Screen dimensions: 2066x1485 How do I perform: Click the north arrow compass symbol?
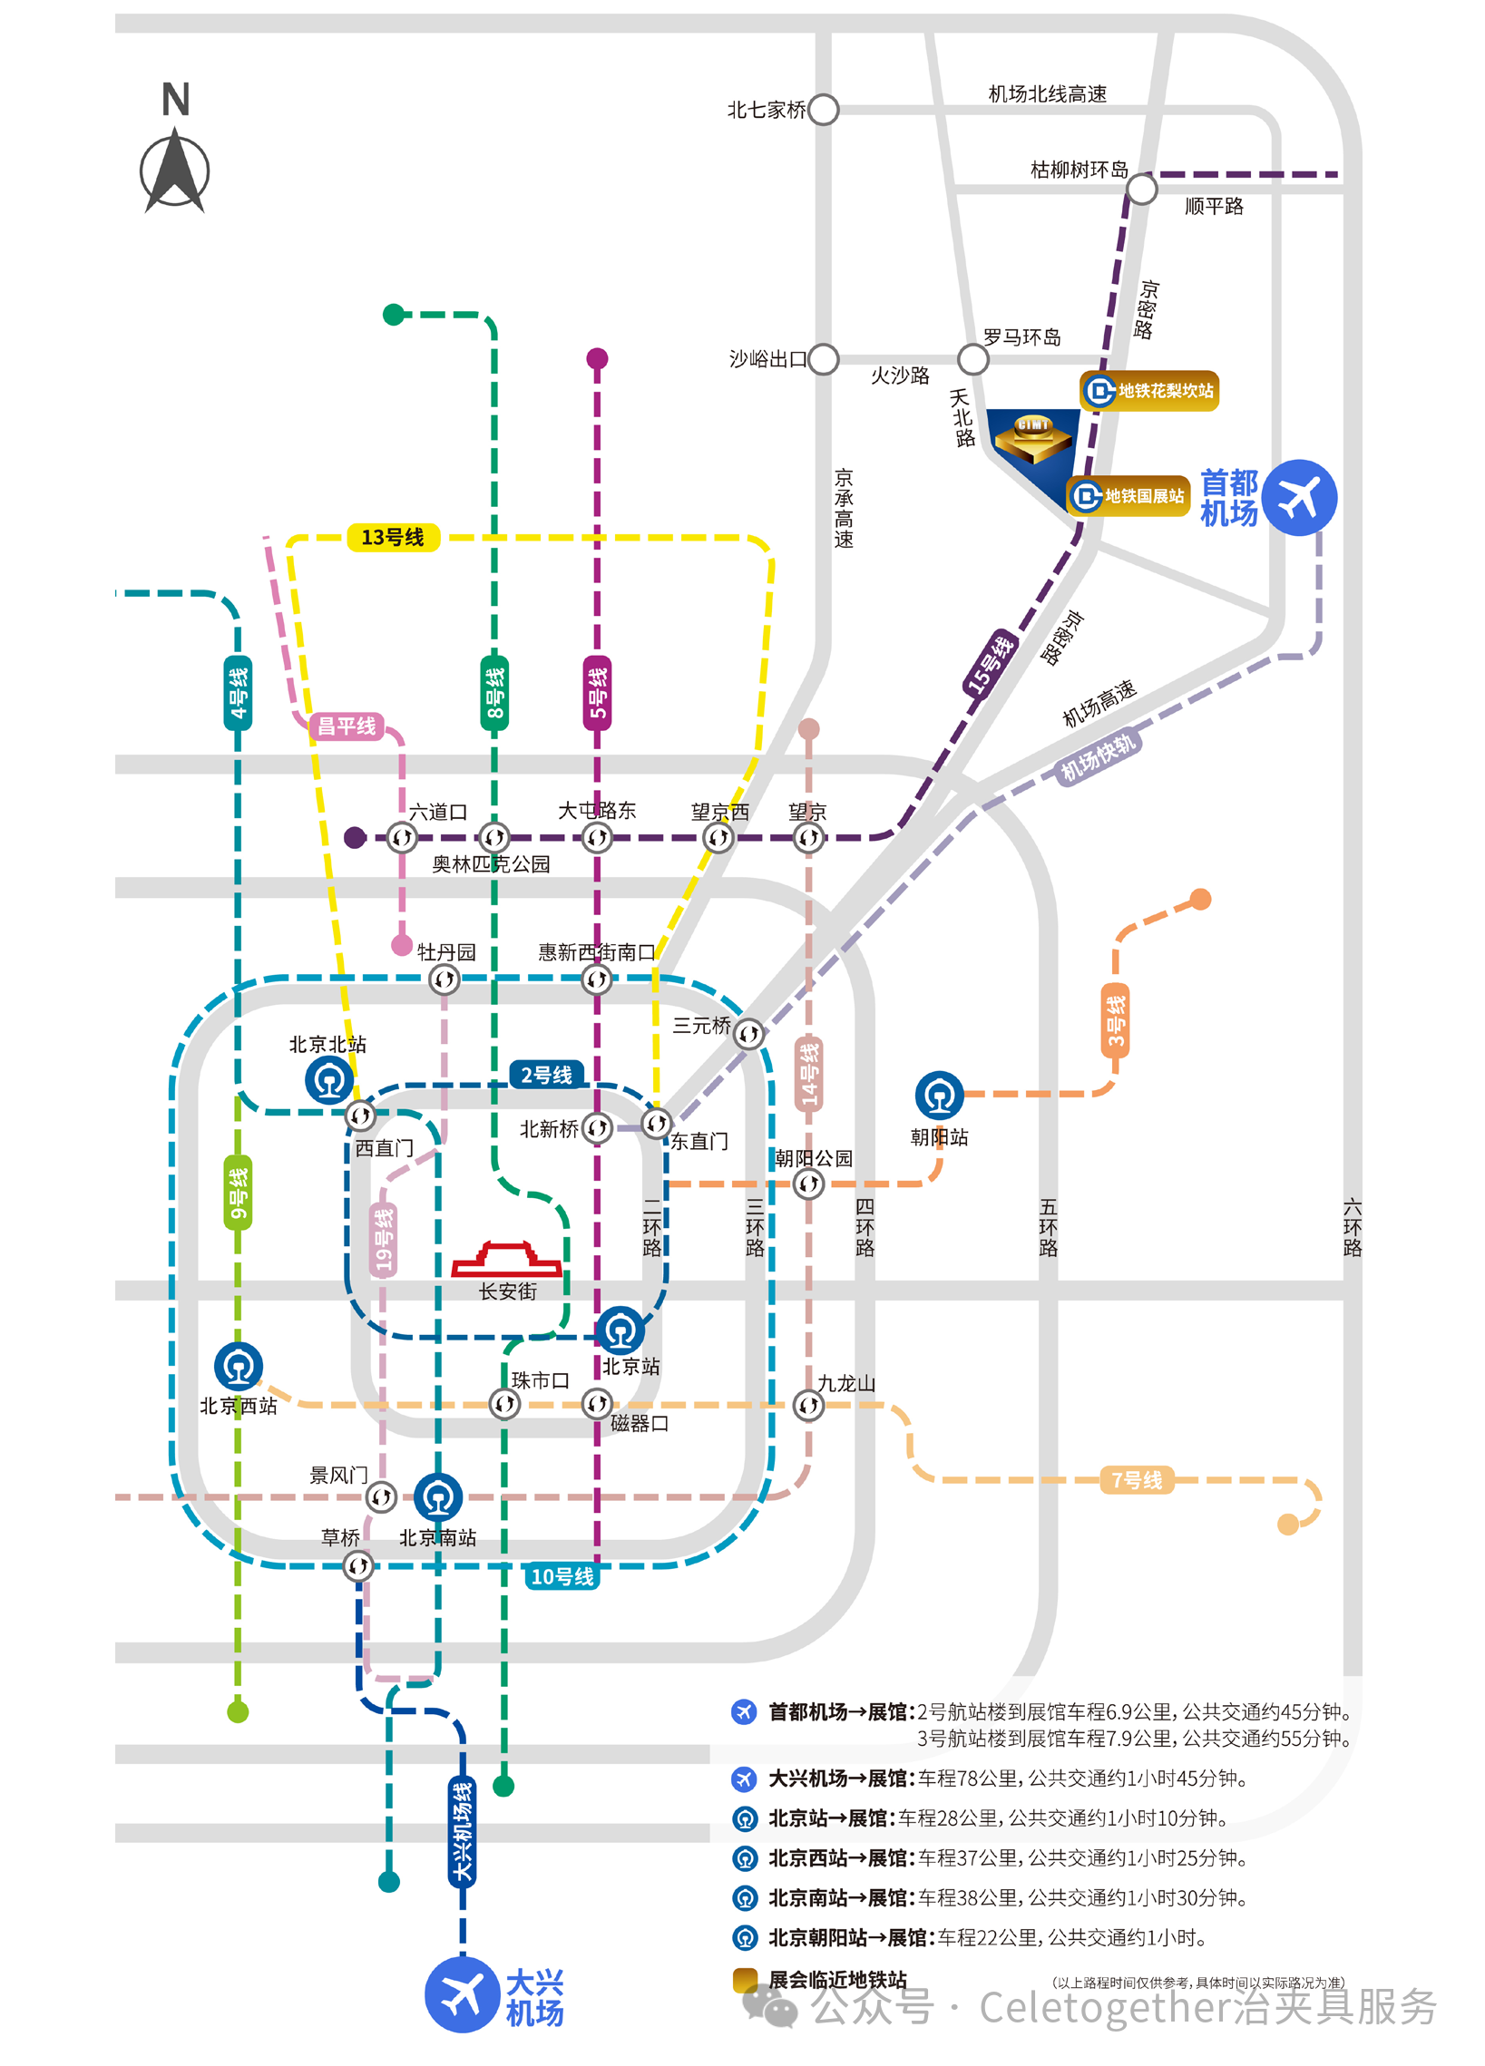pyautogui.click(x=175, y=171)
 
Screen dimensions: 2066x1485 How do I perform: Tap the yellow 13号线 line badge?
pyautogui.click(x=393, y=538)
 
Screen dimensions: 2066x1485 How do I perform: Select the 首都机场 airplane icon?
pyautogui.click(x=1298, y=497)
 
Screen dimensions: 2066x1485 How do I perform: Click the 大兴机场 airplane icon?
pyautogui.click(x=462, y=1994)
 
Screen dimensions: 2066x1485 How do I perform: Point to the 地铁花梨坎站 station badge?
pyautogui.click(x=1148, y=391)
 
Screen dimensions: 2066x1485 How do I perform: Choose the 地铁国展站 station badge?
pyautogui.click(x=1128, y=495)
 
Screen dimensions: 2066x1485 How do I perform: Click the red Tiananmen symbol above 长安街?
pyautogui.click(x=506, y=1258)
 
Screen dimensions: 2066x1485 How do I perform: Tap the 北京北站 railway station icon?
pyautogui.click(x=329, y=1080)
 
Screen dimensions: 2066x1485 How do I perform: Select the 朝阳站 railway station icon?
pyautogui.click(x=938, y=1095)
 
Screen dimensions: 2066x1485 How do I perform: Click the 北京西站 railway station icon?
pyautogui.click(x=239, y=1367)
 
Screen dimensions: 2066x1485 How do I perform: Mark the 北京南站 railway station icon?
pyautogui.click(x=438, y=1496)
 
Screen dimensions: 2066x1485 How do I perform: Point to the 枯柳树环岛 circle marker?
pyautogui.click(x=1140, y=190)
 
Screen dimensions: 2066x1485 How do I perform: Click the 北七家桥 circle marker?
pyautogui.click(x=823, y=110)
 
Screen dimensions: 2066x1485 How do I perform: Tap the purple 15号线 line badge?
pyautogui.click(x=991, y=662)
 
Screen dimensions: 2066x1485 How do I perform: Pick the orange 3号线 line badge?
pyautogui.click(x=1115, y=1020)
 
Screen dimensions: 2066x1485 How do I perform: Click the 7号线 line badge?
pyautogui.click(x=1136, y=1480)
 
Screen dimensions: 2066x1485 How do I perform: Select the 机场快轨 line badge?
pyautogui.click(x=1098, y=757)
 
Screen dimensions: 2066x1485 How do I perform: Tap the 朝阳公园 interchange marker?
pyautogui.click(x=808, y=1184)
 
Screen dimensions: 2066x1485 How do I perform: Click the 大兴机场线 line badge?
pyautogui.click(x=462, y=1831)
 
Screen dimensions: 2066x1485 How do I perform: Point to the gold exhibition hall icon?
pyautogui.click(x=1033, y=437)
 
